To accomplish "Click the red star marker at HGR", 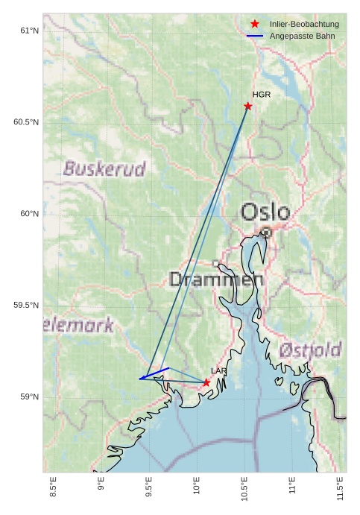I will click(248, 106).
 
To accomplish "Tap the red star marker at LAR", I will click(206, 382).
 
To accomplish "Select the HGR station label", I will click(261, 95).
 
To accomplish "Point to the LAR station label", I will click(218, 371).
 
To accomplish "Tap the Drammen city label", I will click(216, 280).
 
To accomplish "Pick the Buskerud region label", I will click(104, 169).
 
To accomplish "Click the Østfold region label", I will click(311, 350).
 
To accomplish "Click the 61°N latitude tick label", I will click(28, 31).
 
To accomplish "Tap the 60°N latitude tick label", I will click(28, 214).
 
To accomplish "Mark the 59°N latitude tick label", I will click(28, 397).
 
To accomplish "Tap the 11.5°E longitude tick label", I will click(341, 490).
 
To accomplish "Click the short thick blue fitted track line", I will click(154, 373).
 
